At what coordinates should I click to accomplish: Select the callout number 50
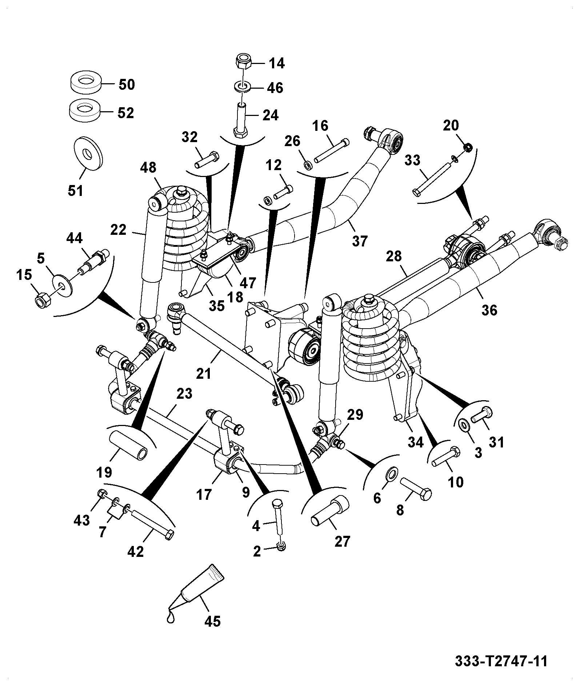pyautogui.click(x=127, y=85)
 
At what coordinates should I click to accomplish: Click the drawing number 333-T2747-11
pyautogui.click(x=501, y=661)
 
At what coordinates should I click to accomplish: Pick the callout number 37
pyautogui.click(x=360, y=241)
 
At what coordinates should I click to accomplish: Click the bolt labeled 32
pyautogui.click(x=206, y=160)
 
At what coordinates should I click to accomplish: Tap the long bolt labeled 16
pyautogui.click(x=331, y=150)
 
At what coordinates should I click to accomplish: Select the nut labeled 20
pyautogui.click(x=468, y=147)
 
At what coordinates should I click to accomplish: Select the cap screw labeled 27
pyautogui.click(x=329, y=512)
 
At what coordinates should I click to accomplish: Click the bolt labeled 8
pyautogui.click(x=416, y=489)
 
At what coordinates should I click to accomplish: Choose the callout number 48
pyautogui.click(x=148, y=168)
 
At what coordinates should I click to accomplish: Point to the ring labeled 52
pyautogui.click(x=85, y=112)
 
